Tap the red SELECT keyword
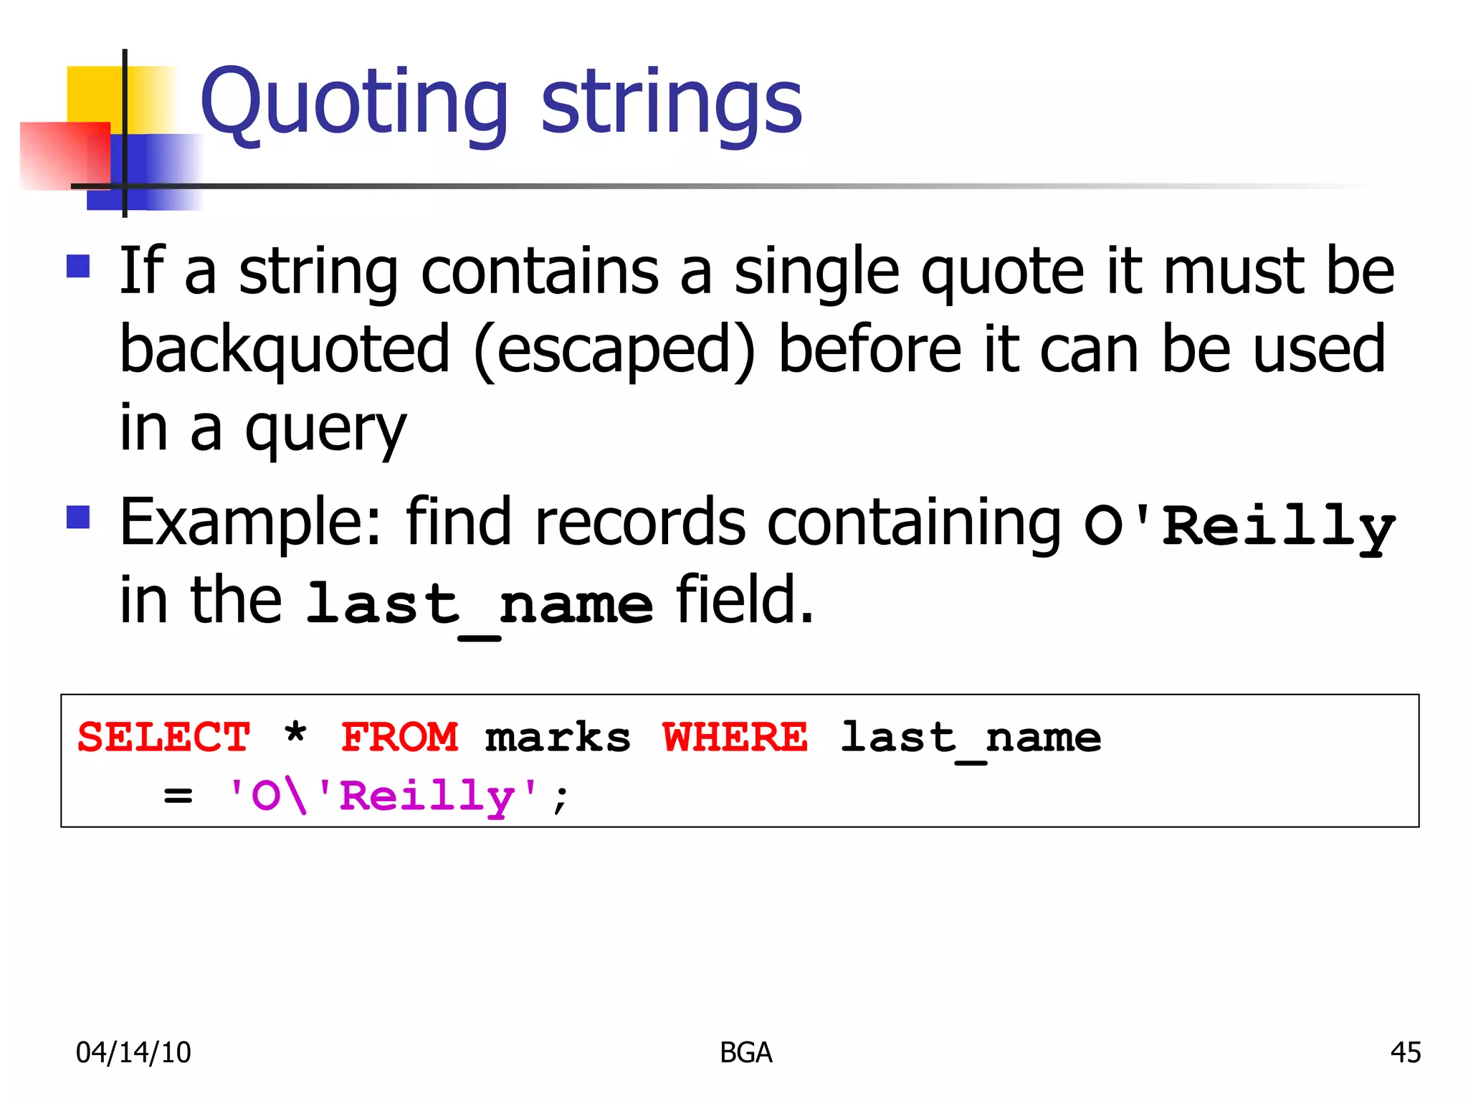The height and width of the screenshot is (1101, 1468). (x=163, y=738)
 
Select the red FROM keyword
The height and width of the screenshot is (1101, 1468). (x=399, y=738)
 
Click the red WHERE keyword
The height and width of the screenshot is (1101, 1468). (x=735, y=738)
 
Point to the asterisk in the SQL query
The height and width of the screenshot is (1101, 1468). (x=295, y=735)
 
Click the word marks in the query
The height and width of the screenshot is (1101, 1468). (x=558, y=738)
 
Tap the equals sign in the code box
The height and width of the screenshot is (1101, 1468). (x=178, y=796)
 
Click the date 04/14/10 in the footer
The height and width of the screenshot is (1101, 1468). (x=133, y=1052)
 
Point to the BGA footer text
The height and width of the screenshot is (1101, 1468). (x=745, y=1052)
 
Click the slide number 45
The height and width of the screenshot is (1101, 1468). (x=1405, y=1052)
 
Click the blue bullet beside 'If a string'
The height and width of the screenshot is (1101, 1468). (x=78, y=266)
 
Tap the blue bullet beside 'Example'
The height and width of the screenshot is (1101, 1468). (x=78, y=517)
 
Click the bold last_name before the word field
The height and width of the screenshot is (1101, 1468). (x=479, y=604)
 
